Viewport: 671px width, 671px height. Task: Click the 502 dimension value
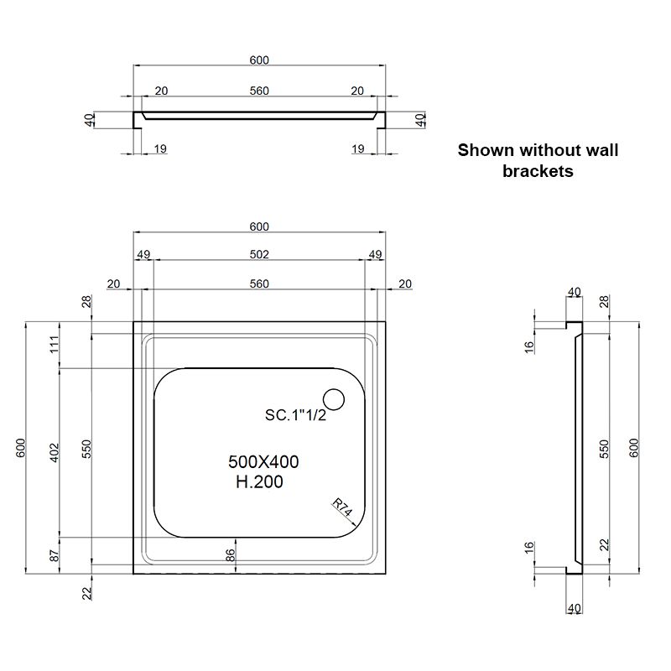pos(259,254)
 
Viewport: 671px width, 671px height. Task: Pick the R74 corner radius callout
pos(340,508)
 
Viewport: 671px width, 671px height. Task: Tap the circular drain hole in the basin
pos(334,401)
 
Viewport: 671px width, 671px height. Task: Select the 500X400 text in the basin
pos(263,461)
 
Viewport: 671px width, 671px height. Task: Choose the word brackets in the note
pos(538,171)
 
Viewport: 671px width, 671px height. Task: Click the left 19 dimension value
pos(160,149)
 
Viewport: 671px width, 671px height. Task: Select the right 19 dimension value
pos(358,149)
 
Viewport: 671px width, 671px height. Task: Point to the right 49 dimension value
pos(375,254)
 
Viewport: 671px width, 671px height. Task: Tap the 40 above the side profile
pos(575,292)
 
